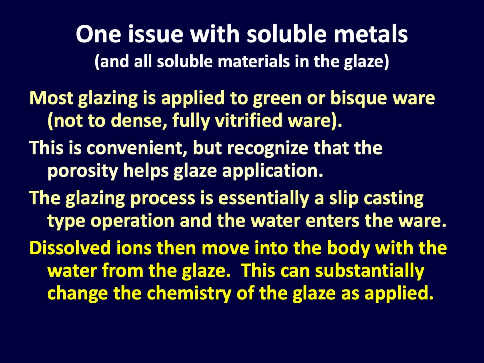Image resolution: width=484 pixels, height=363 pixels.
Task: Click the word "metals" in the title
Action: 371,35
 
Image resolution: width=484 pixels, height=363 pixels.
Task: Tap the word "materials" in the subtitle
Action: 254,62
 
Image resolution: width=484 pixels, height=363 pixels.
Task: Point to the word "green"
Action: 277,98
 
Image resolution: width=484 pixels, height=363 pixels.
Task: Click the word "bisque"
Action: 358,98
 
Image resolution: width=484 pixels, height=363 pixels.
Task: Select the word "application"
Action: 273,171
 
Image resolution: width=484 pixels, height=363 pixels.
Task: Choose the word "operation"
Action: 132,221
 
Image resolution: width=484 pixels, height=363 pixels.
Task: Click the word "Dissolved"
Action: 70,248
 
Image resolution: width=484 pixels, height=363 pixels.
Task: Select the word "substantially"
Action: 369,270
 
